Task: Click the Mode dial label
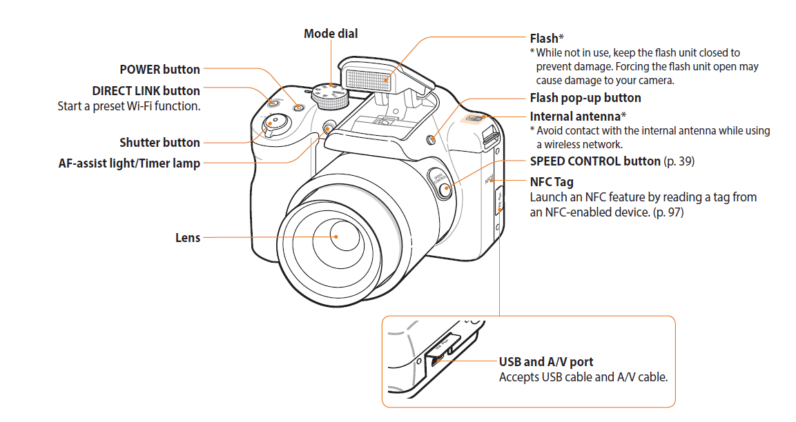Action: click(331, 34)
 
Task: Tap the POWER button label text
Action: click(159, 70)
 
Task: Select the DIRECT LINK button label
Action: click(146, 91)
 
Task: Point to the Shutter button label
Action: click(159, 143)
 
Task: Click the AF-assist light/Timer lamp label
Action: click(129, 164)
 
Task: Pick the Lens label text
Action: click(188, 238)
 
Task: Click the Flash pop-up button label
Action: click(585, 98)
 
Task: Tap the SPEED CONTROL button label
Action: click(594, 161)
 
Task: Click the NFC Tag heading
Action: click(552, 182)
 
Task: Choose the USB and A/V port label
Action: click(545, 362)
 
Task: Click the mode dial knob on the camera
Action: click(330, 96)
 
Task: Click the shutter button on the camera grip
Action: click(275, 123)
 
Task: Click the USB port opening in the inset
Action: click(434, 359)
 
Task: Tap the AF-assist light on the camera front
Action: click(329, 128)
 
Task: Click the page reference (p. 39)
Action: click(679, 161)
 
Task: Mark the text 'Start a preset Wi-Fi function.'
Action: click(128, 106)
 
